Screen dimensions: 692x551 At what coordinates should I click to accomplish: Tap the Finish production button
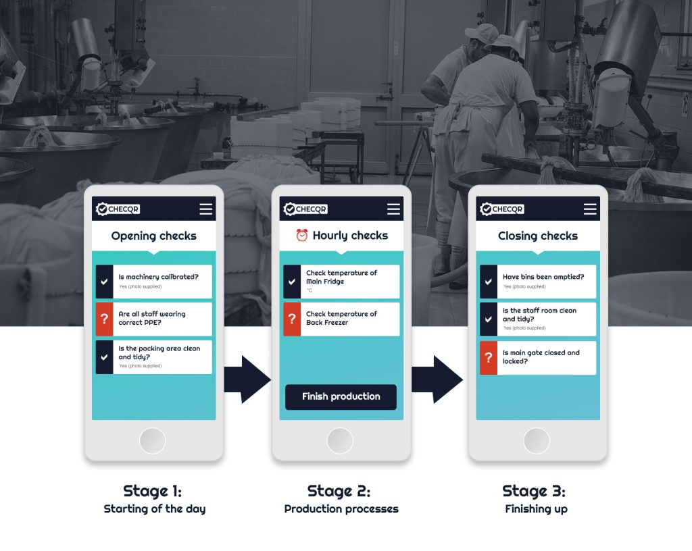click(341, 397)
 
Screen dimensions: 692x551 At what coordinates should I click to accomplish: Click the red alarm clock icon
click(302, 236)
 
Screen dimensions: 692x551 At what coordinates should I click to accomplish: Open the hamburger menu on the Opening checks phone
click(205, 209)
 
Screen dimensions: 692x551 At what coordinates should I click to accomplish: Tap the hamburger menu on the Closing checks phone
click(590, 209)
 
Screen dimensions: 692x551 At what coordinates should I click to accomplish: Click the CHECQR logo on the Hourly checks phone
click(305, 209)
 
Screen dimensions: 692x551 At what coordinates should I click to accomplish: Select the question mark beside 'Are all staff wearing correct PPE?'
click(105, 319)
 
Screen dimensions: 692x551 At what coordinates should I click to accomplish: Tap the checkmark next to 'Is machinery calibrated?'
click(105, 282)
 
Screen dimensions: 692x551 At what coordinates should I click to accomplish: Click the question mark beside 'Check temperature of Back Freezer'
click(292, 319)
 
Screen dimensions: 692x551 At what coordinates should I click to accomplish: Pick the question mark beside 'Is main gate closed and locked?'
click(489, 357)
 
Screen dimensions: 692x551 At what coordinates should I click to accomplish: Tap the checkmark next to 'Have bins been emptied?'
click(489, 282)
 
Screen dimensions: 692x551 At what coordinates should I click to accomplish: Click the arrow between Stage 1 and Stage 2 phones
click(247, 379)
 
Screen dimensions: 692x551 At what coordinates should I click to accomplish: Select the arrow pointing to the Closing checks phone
click(437, 379)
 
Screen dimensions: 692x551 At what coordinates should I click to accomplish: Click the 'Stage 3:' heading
click(534, 491)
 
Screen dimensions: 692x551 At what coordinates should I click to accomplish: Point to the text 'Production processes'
click(341, 508)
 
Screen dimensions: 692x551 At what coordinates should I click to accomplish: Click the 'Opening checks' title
click(153, 236)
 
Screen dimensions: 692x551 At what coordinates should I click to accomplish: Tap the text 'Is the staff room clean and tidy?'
click(539, 315)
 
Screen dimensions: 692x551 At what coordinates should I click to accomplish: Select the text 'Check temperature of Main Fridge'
click(341, 278)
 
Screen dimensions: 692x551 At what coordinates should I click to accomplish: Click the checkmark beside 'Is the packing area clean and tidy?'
click(105, 357)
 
